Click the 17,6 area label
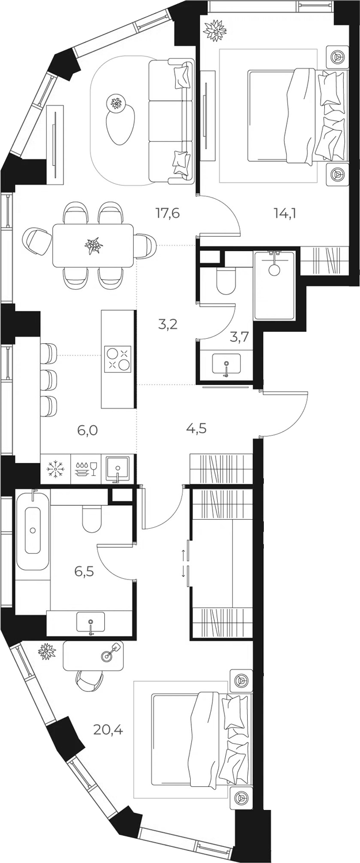coord(168,213)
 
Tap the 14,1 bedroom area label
coord(285,213)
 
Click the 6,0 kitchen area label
coord(88,430)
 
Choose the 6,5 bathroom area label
coord(84,571)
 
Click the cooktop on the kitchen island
coord(118,358)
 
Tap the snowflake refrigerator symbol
coord(56,468)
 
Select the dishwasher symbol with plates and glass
coord(86,468)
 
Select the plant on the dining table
coord(93,245)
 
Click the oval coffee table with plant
coord(120,119)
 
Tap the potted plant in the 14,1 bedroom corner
coord(215,29)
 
